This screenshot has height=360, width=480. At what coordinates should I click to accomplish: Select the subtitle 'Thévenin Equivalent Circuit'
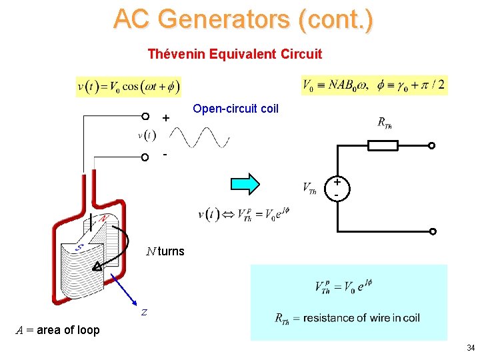click(x=235, y=54)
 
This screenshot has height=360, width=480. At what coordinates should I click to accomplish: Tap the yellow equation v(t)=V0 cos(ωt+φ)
click(x=129, y=87)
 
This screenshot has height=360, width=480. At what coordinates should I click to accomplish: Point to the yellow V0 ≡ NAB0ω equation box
click(x=375, y=85)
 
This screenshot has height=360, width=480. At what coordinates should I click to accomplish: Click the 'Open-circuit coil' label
click(x=235, y=108)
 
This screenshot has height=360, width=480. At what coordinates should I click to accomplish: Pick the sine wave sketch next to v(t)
click(x=201, y=138)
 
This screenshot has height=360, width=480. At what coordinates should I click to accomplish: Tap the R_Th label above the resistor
click(x=384, y=123)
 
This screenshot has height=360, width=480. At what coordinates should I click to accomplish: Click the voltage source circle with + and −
click(x=337, y=188)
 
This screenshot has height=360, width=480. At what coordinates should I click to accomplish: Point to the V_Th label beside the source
click(x=309, y=189)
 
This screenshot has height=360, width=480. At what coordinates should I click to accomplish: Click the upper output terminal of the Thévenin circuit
click(x=431, y=145)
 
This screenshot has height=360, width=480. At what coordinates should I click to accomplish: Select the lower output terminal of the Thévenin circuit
click(x=431, y=231)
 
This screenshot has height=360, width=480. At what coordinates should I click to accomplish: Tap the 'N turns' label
click(x=166, y=252)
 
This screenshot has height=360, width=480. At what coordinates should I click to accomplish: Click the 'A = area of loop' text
click(x=58, y=330)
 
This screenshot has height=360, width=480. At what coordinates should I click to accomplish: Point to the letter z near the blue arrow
click(x=143, y=312)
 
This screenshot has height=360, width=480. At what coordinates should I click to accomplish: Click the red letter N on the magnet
click(x=105, y=219)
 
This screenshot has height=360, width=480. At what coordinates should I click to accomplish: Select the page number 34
click(x=471, y=348)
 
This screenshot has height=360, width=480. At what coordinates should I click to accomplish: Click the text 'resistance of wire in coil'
click(x=361, y=318)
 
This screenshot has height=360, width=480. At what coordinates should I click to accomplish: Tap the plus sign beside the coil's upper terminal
click(x=166, y=118)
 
